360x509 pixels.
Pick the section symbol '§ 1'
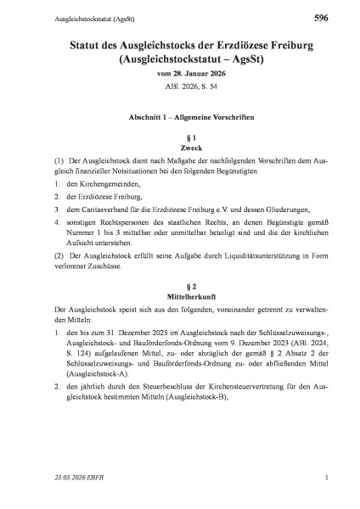[179, 137]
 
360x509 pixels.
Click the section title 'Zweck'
[179, 148]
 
